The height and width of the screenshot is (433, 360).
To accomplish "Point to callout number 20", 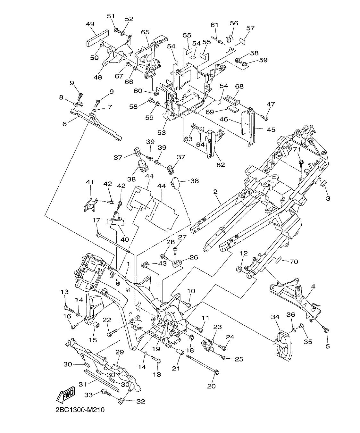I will point(211,386).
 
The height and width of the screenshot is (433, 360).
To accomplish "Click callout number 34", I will point(275,317).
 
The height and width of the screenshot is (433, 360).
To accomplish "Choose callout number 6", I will point(64,123).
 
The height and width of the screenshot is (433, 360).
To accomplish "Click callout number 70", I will point(294,262).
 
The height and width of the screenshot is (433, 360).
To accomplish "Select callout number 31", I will point(83,384).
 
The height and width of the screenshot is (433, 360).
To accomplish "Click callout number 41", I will point(90,182).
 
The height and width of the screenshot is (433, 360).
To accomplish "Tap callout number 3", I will point(328,198).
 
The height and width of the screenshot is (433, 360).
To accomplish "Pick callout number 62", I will point(221,165).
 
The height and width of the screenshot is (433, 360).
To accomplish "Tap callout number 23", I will point(218,327).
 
